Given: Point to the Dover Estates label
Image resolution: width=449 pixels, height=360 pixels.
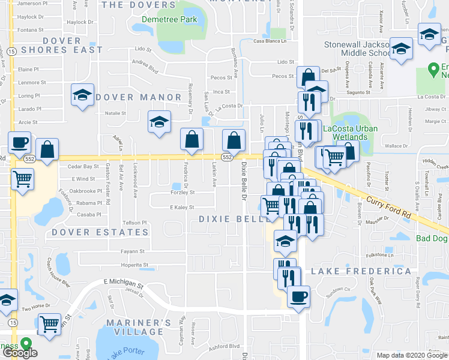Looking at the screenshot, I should point(88,232).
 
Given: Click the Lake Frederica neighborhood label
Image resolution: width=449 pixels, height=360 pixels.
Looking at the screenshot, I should point(361,272).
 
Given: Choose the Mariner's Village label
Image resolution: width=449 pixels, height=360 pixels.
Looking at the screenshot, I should point(134,327).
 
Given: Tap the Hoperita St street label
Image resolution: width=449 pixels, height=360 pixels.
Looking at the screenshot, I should point(134,264).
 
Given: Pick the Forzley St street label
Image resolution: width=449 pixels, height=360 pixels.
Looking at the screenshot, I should point(182,193).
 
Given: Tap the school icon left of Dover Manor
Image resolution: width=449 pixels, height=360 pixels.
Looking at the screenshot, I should point(82,95).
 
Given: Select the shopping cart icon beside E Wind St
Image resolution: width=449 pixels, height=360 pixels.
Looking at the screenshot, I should point(22,178).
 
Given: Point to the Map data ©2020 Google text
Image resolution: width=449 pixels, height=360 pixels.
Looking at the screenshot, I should point(411,355).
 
